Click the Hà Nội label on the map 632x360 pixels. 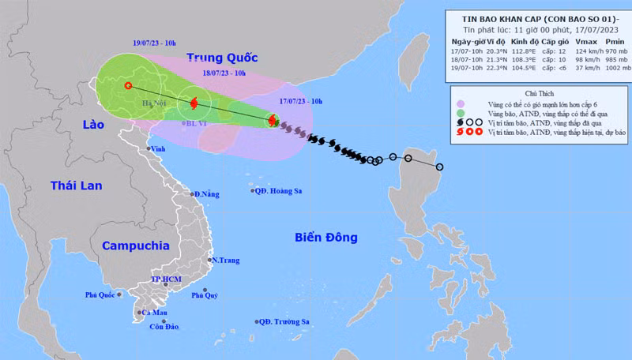pyautogui.click(x=152, y=103)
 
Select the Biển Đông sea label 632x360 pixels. pyautogui.click(x=325, y=237)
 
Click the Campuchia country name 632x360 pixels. pyautogui.click(x=135, y=246)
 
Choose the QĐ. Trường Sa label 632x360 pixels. pyautogui.click(x=282, y=321)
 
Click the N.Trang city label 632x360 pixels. pyautogui.click(x=224, y=260)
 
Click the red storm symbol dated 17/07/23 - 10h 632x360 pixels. pyautogui.click(x=273, y=121)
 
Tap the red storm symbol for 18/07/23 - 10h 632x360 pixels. pyautogui.click(x=194, y=103)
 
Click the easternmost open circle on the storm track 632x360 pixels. pyautogui.click(x=439, y=167)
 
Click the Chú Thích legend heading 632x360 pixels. pyautogui.click(x=540, y=92)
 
